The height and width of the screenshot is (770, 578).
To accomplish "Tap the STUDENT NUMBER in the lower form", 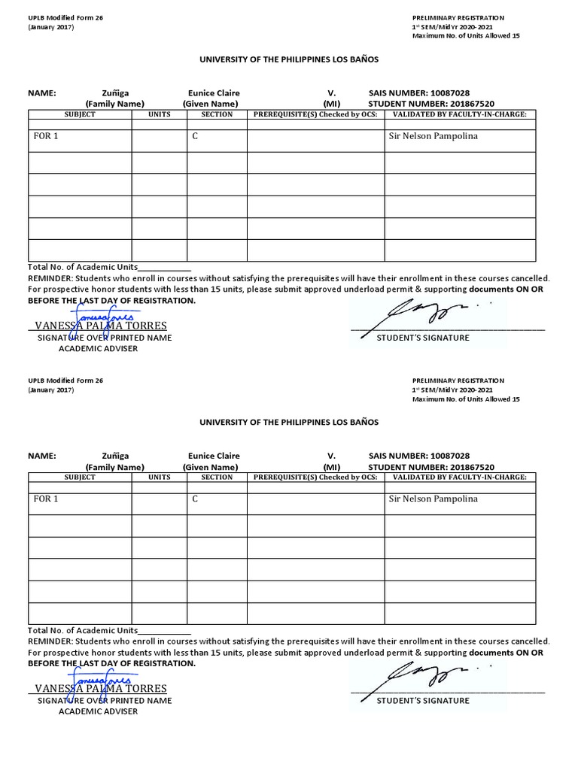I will click(x=431, y=467).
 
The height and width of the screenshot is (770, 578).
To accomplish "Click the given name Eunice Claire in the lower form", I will click(x=214, y=456).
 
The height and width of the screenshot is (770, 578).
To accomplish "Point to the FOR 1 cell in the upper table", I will click(x=46, y=137).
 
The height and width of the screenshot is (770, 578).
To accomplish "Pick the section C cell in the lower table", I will click(x=195, y=499).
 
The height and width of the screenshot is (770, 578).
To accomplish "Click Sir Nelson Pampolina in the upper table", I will click(x=432, y=137).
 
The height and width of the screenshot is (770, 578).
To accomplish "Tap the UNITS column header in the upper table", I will click(x=159, y=114).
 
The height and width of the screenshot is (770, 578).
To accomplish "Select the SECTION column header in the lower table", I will click(x=217, y=477).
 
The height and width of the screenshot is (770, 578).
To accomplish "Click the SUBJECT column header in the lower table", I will click(x=80, y=477).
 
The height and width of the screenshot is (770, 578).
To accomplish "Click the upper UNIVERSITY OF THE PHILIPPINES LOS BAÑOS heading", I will click(x=288, y=59).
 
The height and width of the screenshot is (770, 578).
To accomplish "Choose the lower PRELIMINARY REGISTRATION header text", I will click(x=458, y=380).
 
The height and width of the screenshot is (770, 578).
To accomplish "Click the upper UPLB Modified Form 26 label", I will click(x=65, y=17).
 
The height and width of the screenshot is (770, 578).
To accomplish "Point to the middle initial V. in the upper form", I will click(x=331, y=93).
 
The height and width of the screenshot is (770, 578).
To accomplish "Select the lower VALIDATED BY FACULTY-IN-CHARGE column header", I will click(x=459, y=477).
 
